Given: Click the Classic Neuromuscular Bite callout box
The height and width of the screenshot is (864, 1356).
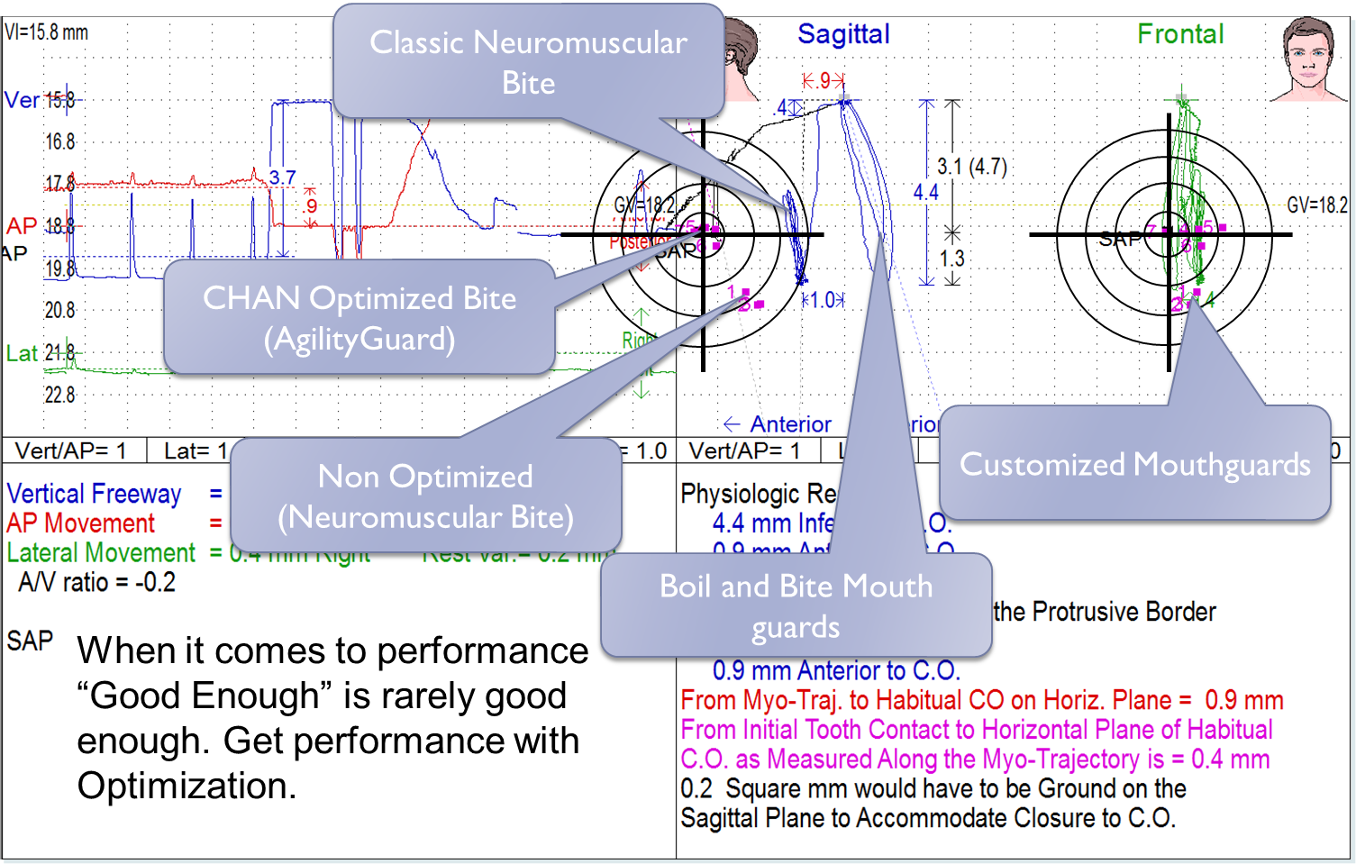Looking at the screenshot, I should click(x=528, y=61).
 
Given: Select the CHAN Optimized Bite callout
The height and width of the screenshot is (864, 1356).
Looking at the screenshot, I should click(x=359, y=317).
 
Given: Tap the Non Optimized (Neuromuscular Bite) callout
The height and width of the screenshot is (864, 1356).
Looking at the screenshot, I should click(x=425, y=496).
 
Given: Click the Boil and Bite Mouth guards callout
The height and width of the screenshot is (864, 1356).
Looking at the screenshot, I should click(x=796, y=605).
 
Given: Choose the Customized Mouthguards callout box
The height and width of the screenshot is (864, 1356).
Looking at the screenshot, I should click(x=1134, y=464).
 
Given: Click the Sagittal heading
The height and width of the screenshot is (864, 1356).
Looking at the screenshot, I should click(x=843, y=34).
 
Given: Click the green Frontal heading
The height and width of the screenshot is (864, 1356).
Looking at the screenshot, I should click(x=1180, y=34).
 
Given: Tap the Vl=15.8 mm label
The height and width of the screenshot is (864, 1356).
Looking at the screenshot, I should click(x=46, y=32).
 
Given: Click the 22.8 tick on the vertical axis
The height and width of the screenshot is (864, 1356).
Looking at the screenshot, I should click(x=59, y=395).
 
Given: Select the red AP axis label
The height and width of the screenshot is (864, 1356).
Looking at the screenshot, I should click(x=22, y=225).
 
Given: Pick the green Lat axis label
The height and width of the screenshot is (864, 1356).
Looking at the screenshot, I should click(x=22, y=353).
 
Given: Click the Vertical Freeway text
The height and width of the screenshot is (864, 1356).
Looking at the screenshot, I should click(x=94, y=494).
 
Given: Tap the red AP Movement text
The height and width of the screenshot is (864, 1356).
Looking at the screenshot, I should click(x=80, y=523).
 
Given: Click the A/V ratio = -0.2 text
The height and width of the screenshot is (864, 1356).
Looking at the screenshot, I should click(x=96, y=583).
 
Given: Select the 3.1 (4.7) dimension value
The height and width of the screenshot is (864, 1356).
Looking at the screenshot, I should click(x=971, y=167).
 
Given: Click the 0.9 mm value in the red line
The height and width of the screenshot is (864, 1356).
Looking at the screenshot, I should click(x=1243, y=700).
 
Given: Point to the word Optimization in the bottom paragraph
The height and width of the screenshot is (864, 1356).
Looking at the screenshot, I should click(x=187, y=786).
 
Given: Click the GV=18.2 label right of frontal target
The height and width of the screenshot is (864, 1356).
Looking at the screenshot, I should click(x=1316, y=205).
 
